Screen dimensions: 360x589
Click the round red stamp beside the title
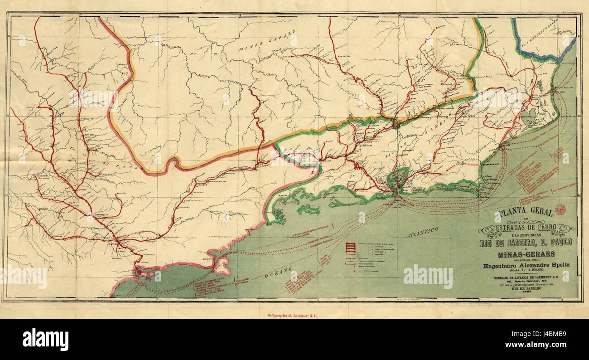[560, 209]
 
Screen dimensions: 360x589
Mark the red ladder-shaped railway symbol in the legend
[349, 248]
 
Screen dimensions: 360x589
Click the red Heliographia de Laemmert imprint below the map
[287, 313]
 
